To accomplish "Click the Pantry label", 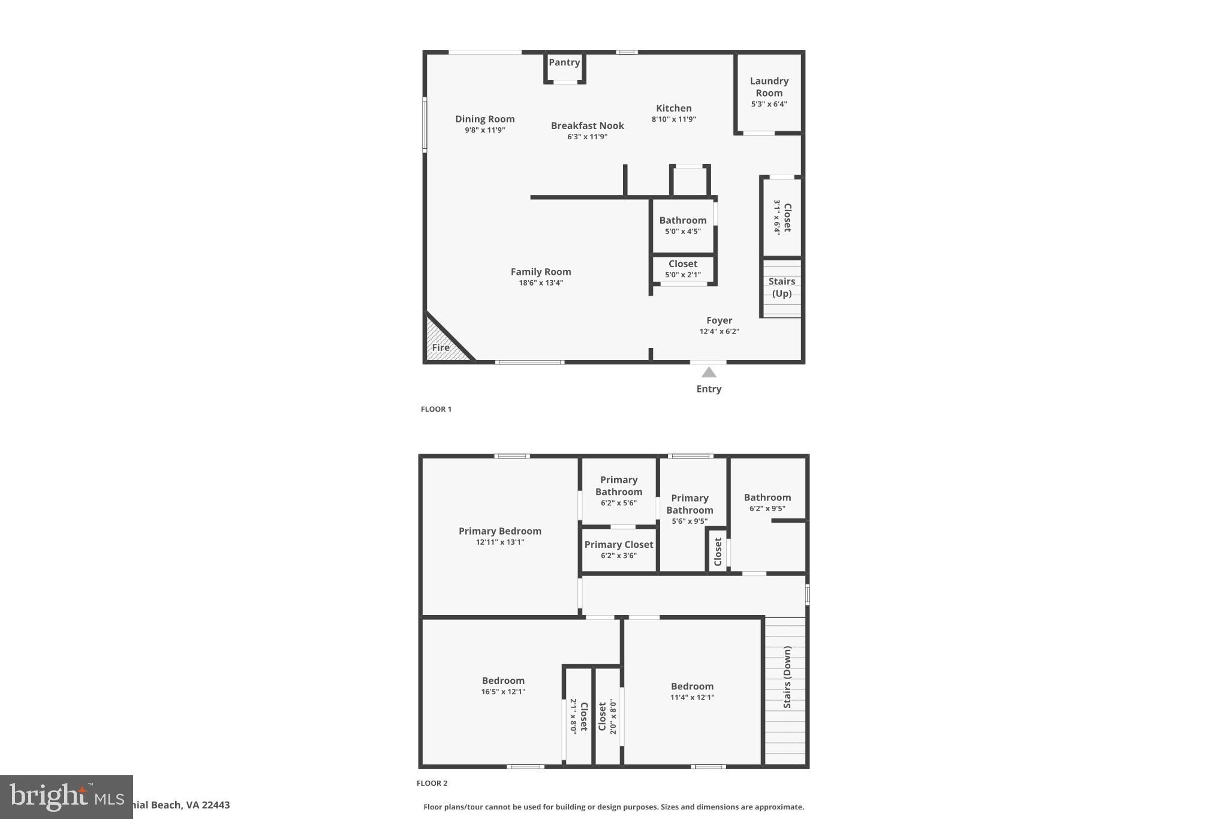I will (564, 62).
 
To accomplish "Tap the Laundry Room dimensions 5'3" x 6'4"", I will (769, 104).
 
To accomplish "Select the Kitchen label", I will (673, 109).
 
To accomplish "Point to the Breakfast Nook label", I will (587, 126).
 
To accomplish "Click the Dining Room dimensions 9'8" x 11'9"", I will (484, 130).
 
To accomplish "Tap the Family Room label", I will (540, 272).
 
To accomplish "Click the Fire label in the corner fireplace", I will (441, 347).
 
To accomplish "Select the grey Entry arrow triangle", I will (709, 373).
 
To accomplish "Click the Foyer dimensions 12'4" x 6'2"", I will (719, 331).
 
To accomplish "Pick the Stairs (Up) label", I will (781, 287).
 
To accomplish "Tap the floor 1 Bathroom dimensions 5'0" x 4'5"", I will (682, 232).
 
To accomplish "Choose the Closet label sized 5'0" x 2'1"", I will (682, 264).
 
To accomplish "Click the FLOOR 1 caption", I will (436, 409).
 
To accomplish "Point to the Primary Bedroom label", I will (499, 531).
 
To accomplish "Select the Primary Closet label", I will (618, 545).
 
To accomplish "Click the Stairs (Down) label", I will (787, 677).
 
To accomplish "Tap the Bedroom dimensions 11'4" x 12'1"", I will (692, 697).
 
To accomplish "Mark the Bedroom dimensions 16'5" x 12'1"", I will (502, 692).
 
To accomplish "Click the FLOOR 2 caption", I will (432, 783).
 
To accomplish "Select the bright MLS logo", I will (66, 797).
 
